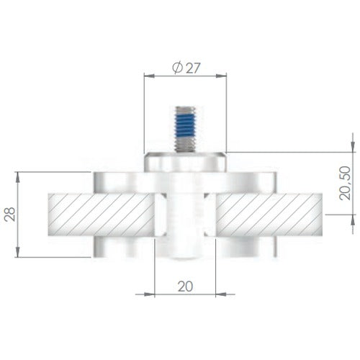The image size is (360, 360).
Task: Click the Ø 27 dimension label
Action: click(186, 68)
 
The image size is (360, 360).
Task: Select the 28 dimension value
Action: click(10, 215)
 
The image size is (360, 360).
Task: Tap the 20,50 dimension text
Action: click(345, 183)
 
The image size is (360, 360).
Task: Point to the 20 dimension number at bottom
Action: click(185, 287)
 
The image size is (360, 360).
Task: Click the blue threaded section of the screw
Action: click(185, 125)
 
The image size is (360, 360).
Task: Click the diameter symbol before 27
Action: click(178, 68)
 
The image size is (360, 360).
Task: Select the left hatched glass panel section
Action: click(101, 215)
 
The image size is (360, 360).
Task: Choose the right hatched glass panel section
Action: click(269, 215)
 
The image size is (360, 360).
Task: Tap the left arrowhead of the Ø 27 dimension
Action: click(149, 76)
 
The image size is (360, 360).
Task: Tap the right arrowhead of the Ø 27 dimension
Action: click(221, 76)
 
